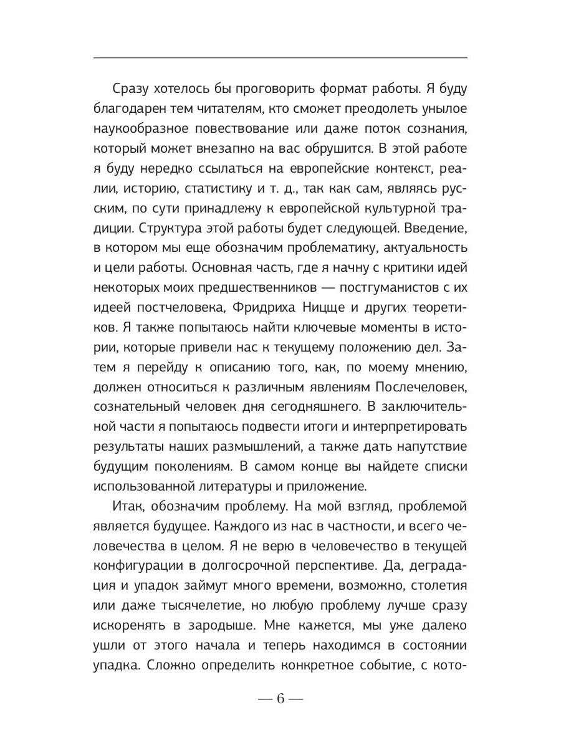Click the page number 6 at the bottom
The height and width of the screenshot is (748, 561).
coord(280,698)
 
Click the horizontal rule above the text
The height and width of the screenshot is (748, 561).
coord(280,58)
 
